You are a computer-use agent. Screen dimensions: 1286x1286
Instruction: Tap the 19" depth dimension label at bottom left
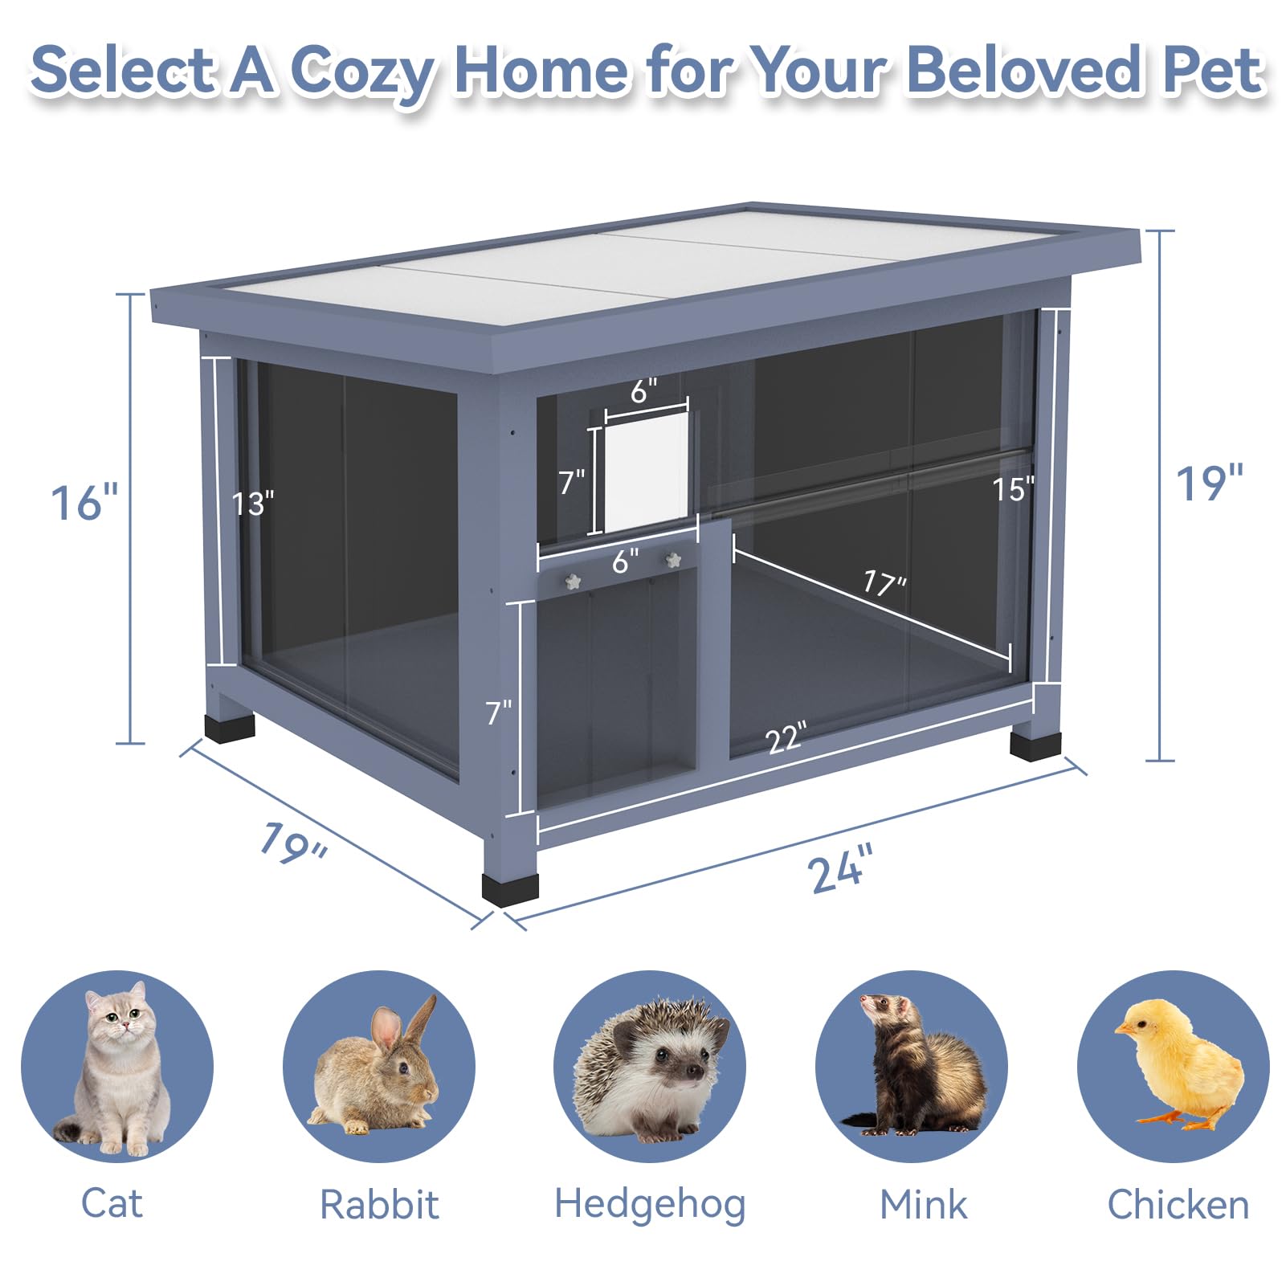(x=293, y=844)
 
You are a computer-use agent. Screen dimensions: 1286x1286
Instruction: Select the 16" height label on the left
(x=84, y=504)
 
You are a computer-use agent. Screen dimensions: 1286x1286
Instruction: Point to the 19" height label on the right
(x=1209, y=484)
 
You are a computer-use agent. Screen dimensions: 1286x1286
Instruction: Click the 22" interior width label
(x=786, y=737)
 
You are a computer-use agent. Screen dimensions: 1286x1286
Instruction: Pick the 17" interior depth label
(x=884, y=582)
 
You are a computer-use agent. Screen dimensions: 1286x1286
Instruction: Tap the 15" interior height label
(x=1013, y=489)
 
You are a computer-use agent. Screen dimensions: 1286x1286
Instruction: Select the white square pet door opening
(x=647, y=472)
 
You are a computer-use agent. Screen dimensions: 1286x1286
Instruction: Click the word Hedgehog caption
(x=650, y=1204)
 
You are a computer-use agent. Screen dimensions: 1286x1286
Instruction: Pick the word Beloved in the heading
(x=1025, y=71)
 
